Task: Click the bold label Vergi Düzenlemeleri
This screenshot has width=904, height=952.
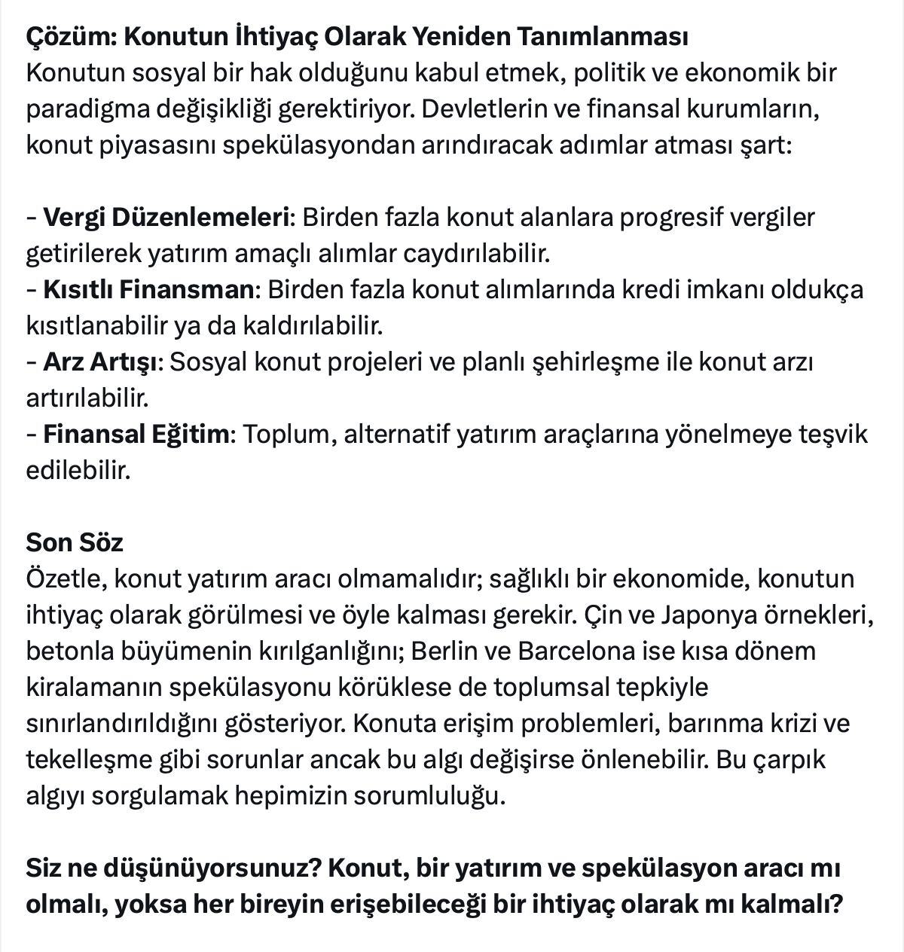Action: (x=166, y=218)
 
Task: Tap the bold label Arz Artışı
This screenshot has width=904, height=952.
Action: (x=100, y=362)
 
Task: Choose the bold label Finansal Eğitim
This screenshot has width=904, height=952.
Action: (x=136, y=435)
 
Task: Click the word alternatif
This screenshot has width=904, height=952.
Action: (x=396, y=435)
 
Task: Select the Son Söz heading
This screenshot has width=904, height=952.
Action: (x=75, y=542)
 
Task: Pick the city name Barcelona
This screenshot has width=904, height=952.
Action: (x=579, y=651)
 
